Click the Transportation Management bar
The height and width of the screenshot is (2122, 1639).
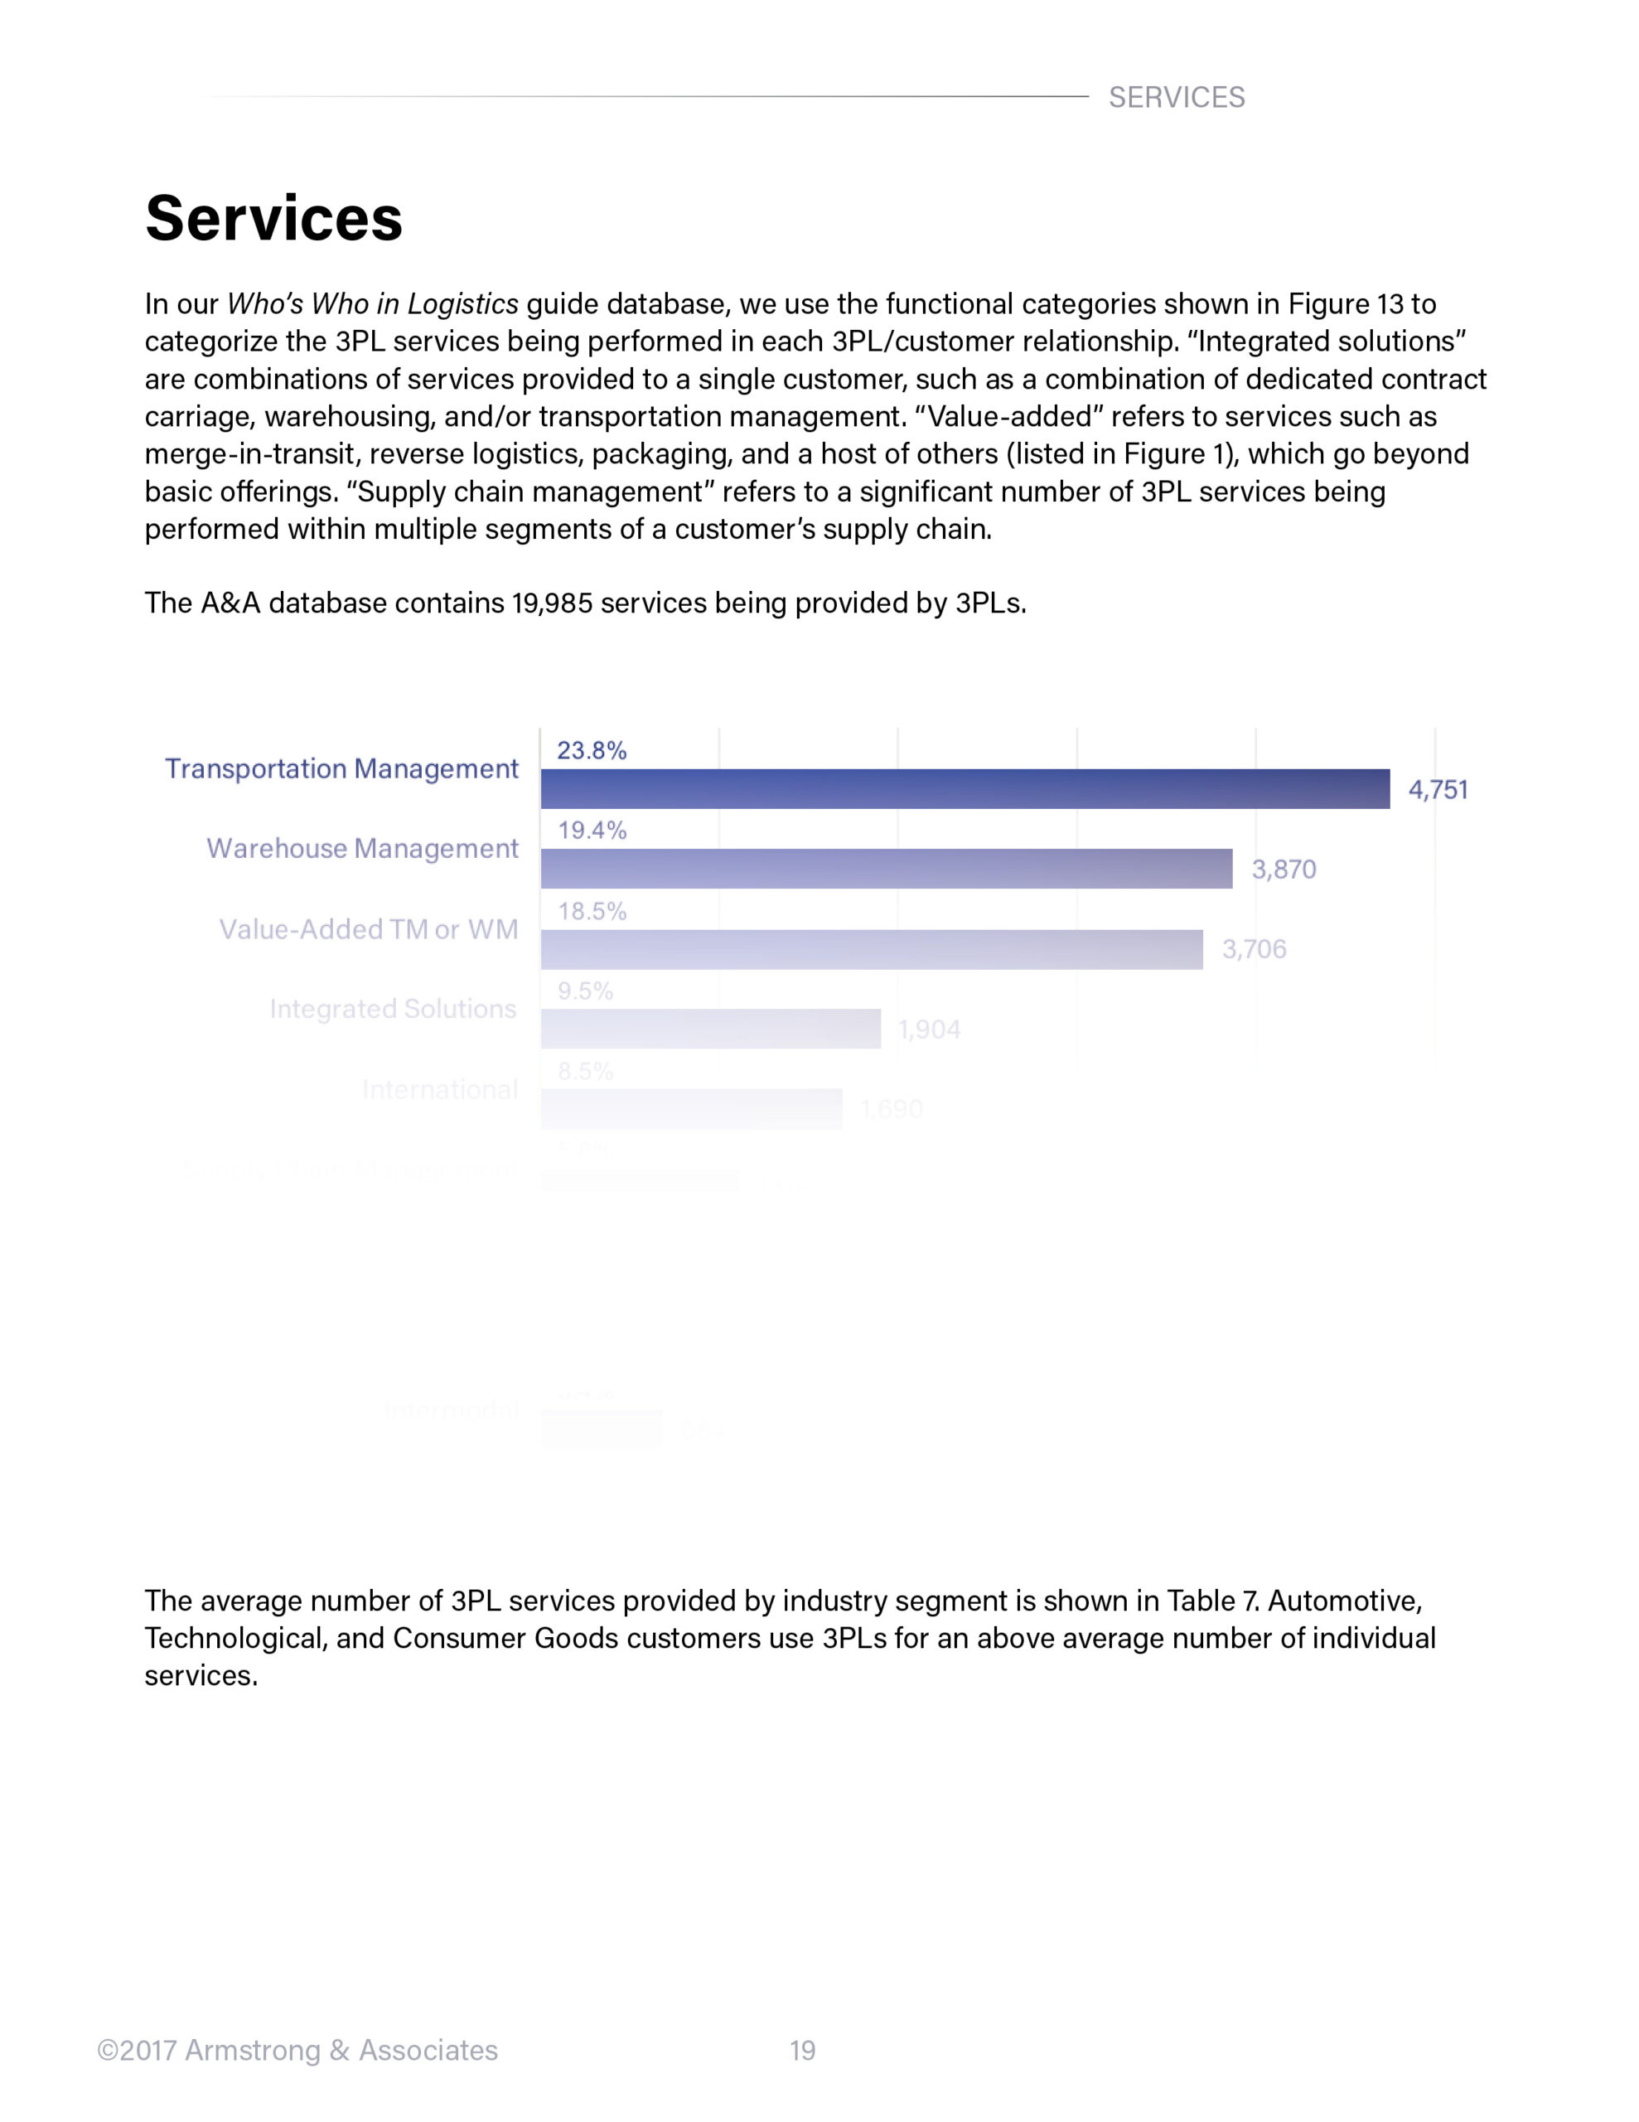(964, 788)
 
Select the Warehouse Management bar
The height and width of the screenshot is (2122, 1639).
(885, 868)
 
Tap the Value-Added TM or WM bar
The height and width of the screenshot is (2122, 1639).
(871, 948)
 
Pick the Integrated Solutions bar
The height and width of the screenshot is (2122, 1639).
(710, 1028)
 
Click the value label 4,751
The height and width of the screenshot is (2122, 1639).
(1437, 790)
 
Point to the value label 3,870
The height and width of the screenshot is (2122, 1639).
(1283, 870)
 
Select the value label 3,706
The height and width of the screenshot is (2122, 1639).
(1254, 949)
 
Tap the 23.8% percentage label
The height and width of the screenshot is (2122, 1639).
(591, 750)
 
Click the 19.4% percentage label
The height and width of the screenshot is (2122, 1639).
(591, 830)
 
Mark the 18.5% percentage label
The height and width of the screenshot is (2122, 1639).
(591, 910)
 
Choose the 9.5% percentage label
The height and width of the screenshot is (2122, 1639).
(585, 991)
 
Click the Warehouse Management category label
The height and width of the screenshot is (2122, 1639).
(362, 848)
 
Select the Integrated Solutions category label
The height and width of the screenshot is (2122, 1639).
(393, 1009)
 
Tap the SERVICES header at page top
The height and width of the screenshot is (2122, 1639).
(1176, 97)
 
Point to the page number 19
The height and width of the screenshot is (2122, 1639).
(801, 2050)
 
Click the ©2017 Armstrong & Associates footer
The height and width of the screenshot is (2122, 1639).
(297, 2050)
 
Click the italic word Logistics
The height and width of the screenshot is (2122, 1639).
(462, 304)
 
